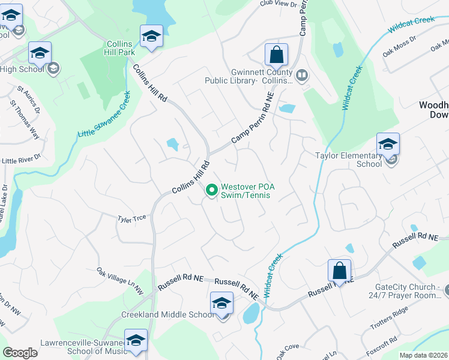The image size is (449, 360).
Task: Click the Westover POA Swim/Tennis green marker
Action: [211, 191]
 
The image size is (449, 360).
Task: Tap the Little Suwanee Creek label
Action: [104, 114]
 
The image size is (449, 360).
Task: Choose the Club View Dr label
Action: [279, 4]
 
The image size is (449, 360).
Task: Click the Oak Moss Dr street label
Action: [400, 45]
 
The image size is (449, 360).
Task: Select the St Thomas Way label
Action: [25, 119]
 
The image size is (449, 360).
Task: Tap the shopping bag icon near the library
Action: [276, 55]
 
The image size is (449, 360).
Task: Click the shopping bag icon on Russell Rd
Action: [339, 271]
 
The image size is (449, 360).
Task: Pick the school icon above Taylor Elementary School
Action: [388, 145]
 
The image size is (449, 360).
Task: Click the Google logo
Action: [20, 353]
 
